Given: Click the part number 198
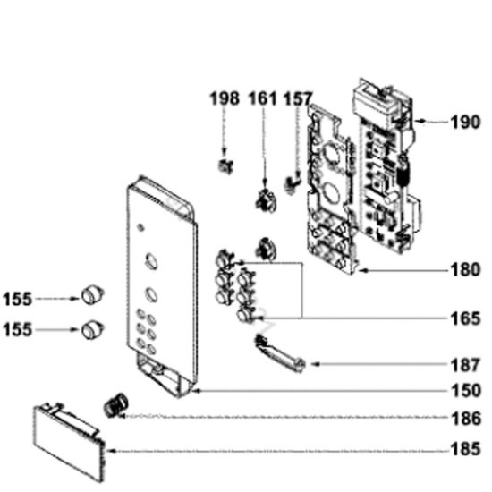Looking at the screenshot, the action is coord(225,98).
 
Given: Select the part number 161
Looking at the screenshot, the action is coord(263,98).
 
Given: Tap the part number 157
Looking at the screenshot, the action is coord(298,98).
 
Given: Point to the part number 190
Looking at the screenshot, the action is coord(466,122).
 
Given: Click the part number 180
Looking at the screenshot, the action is coord(466,269).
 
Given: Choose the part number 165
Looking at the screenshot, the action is coord(466,318).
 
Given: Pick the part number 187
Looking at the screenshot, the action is coord(466,365).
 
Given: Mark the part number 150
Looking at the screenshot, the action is coord(466,391).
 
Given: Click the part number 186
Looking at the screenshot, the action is coord(466,419).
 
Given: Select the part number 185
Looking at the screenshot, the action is coord(466,449).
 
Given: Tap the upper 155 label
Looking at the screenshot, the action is coord(18,299).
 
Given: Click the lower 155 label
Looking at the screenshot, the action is coord(18,330).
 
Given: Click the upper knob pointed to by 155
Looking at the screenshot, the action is coord(92,295).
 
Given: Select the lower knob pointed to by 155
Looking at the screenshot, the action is coord(92,329).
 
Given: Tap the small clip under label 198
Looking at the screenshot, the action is coord(225,165).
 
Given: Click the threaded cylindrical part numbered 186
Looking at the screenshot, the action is coord(115,404).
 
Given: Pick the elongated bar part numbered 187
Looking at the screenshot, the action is coord(280,354).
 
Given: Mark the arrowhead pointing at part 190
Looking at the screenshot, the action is coord(420,121).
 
